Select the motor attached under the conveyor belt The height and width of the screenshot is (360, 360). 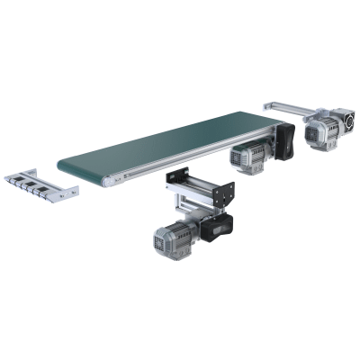tap(247, 155)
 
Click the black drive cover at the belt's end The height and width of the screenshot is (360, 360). tap(285, 142)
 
